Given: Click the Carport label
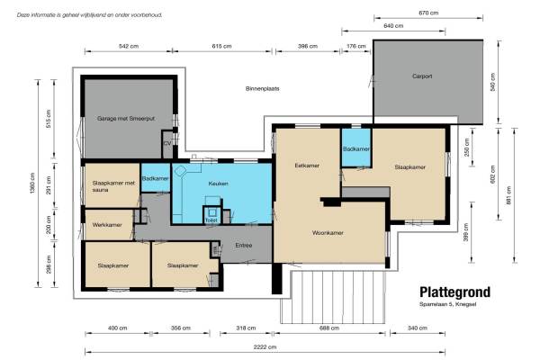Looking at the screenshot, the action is click(422, 76).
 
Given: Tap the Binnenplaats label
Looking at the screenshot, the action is click(263, 88).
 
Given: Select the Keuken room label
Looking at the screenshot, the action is click(219, 184).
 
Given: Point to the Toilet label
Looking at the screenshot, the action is click(211, 220).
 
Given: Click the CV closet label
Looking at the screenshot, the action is click(167, 143).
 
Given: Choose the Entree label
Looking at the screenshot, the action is click(244, 246).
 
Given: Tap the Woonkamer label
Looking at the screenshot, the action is click(328, 233).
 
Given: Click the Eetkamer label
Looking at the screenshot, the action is click(307, 166).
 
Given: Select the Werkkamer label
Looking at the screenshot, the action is click(107, 225).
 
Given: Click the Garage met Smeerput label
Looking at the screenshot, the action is click(126, 119).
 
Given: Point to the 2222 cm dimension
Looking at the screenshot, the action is click(265, 346).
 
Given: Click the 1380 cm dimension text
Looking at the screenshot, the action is click(32, 184).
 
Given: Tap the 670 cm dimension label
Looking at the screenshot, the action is click(428, 13).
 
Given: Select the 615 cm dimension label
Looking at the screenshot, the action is click(221, 46).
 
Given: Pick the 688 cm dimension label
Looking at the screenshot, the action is click(329, 328).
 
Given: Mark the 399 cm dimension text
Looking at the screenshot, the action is click(466, 232).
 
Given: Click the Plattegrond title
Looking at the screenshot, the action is click(454, 292).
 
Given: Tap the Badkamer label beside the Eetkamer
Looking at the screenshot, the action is click(356, 149).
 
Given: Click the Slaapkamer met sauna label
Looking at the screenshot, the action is click(113, 186).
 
